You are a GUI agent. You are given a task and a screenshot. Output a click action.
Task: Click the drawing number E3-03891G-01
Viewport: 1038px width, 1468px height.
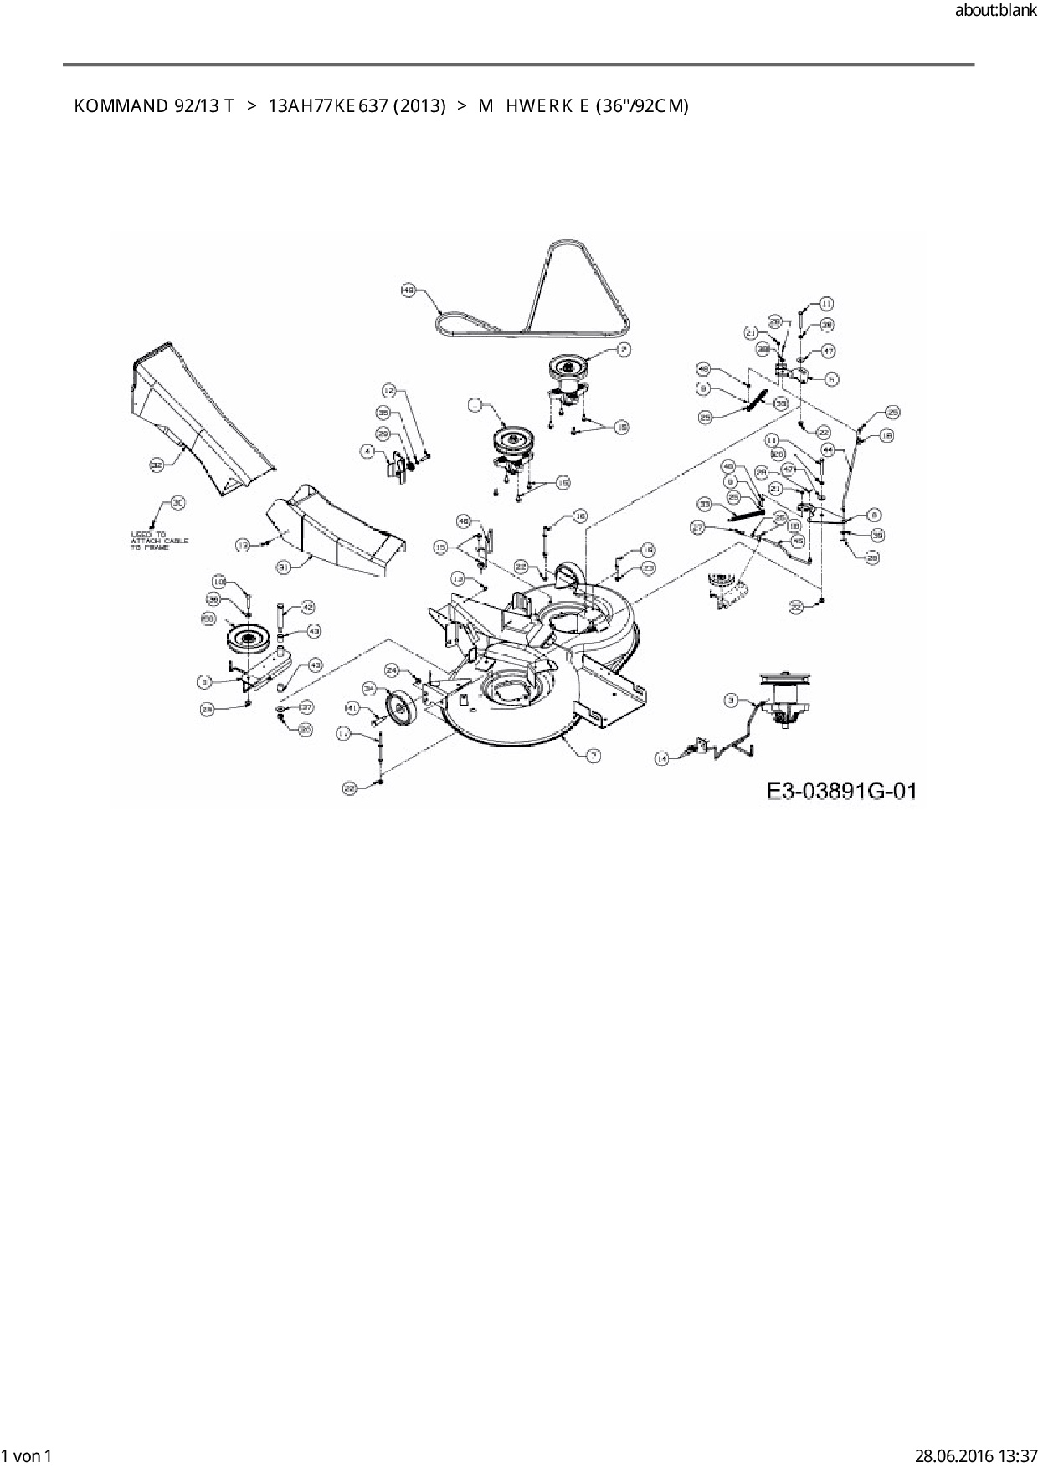(x=840, y=790)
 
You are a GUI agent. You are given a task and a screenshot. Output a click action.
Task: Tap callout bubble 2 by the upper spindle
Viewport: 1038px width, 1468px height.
(x=624, y=350)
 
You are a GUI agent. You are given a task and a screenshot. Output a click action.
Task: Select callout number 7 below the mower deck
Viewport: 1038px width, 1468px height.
(x=593, y=756)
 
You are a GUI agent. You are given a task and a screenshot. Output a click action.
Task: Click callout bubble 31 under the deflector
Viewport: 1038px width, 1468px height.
(x=284, y=567)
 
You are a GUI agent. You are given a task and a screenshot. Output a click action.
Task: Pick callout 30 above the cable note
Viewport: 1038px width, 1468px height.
(x=177, y=503)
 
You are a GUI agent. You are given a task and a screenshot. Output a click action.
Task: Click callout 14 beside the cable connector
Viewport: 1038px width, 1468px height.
(x=662, y=758)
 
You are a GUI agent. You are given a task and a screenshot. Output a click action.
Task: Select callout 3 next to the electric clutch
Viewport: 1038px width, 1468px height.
(x=730, y=699)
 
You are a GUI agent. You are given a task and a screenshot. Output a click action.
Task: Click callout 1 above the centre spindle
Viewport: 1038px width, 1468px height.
(x=475, y=405)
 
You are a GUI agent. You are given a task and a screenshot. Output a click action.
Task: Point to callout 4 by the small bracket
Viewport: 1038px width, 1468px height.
(x=367, y=450)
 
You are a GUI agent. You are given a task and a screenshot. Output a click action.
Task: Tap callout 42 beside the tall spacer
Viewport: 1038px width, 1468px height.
(x=307, y=607)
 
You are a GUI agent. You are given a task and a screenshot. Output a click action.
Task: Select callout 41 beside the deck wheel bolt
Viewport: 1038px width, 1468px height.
(x=352, y=708)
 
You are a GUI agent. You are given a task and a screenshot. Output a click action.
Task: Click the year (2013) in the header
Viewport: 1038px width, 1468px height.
(x=419, y=106)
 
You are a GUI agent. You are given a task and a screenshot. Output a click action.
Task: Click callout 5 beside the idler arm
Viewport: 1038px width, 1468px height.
(x=831, y=379)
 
